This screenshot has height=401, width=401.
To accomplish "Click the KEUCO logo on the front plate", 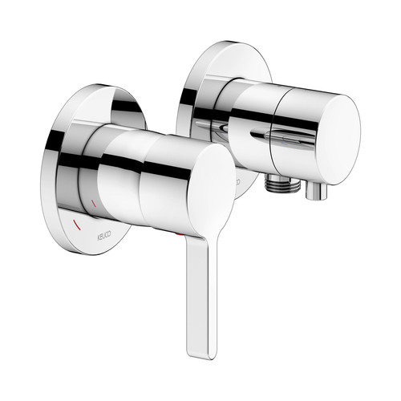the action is (x=103, y=235).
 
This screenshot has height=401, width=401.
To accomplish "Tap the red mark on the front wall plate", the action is (x=78, y=225).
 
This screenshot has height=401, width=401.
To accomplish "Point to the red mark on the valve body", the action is (x=94, y=203).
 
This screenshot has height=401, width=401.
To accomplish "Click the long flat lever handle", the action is (x=201, y=294).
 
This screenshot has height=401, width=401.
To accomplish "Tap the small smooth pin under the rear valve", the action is (x=316, y=191).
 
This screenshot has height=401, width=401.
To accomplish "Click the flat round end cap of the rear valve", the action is (x=338, y=140).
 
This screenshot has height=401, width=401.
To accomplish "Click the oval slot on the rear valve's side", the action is (x=283, y=135).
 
